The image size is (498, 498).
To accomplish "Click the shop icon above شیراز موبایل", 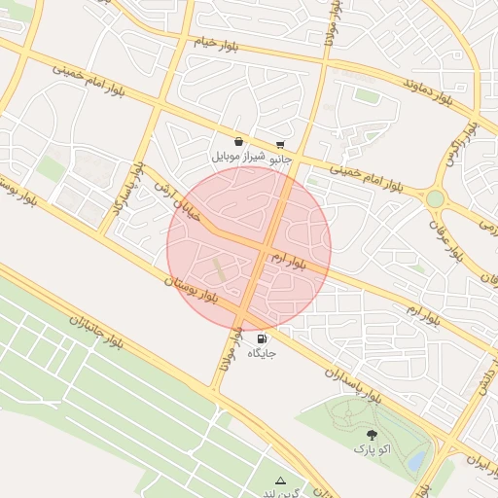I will point(239,142).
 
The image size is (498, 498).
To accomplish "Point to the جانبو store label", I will point(279,157).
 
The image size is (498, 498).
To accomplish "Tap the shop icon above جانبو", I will point(280,144).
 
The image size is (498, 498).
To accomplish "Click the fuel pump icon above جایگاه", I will point(263,339).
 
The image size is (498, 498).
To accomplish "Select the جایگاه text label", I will point(263,352).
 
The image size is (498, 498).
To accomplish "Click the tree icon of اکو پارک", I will point(372,435).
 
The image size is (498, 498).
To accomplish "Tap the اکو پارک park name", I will point(372,449).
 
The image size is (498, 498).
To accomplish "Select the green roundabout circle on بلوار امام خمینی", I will point(435,198).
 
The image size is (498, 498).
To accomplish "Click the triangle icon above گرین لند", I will point(281,480).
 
